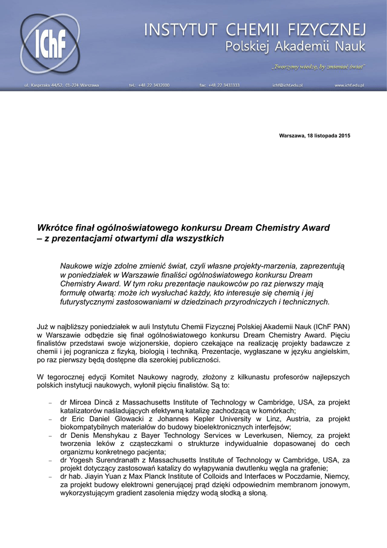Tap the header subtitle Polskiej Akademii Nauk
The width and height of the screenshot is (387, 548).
point(295,47)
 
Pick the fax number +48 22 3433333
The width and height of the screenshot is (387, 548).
point(219,85)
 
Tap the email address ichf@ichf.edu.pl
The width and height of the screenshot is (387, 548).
point(288,85)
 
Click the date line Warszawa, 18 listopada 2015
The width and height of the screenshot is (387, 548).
point(314,136)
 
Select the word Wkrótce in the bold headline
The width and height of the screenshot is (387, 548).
point(54,227)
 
